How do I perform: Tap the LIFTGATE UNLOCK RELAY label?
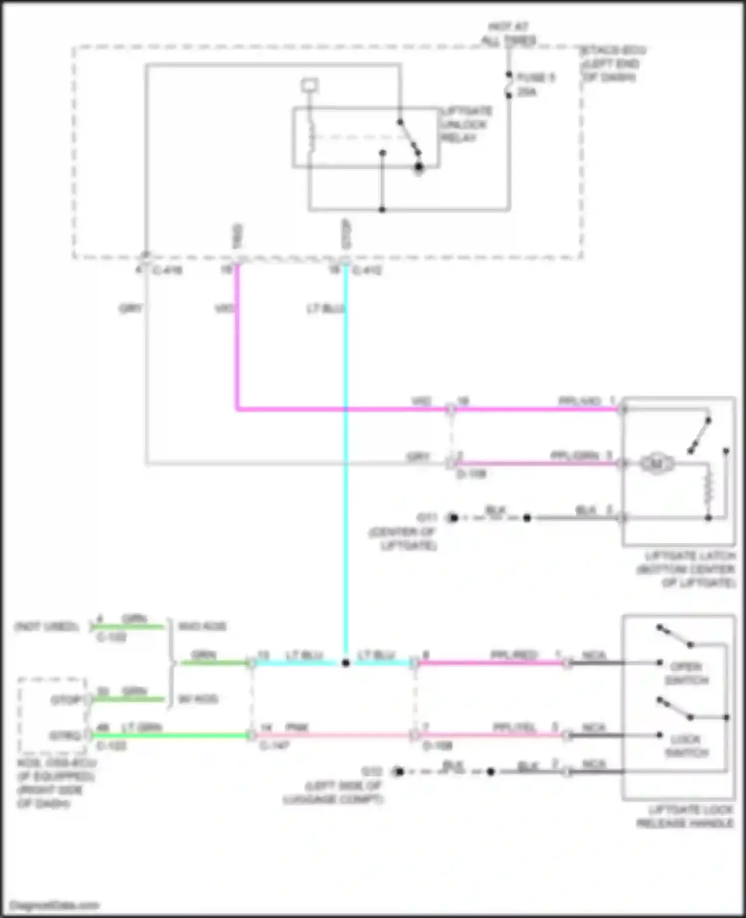466,124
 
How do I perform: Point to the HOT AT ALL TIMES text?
508,34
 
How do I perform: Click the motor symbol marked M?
656,464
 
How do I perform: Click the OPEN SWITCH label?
686,673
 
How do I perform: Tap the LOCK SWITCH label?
686,746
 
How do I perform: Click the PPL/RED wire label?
513,655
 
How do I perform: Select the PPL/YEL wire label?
514,728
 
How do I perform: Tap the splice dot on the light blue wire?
346,663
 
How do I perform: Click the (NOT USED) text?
46,627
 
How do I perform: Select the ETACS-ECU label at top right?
613,51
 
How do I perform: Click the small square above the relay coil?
309,86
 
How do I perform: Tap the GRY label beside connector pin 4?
130,309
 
